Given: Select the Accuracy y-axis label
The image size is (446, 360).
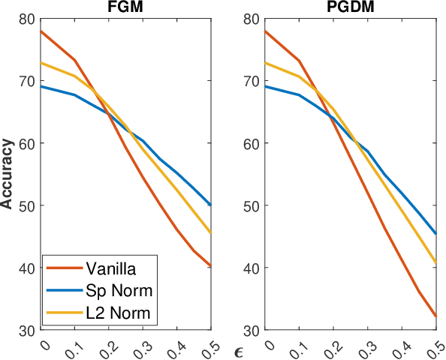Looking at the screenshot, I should tap(8, 173).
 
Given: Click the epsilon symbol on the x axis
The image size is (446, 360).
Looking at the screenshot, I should tap(238, 351).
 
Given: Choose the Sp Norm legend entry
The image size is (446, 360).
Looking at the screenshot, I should tap(111, 289).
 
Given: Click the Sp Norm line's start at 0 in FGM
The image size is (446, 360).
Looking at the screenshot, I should tap(41, 86).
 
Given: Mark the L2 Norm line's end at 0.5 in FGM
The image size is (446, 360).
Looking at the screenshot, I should tap(211, 232).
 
